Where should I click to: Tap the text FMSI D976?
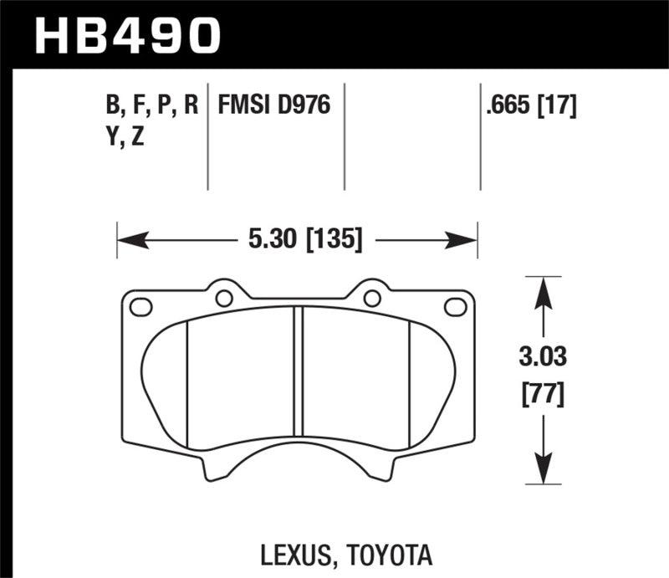tap(274, 105)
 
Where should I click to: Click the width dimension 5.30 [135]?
tap(304, 241)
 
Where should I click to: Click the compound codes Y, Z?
tap(125, 137)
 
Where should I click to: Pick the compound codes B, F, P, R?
tap(151, 105)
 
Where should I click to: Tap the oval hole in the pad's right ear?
tap(456, 307)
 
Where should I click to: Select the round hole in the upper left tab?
tap(223, 297)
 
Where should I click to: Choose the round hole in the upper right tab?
tap(370, 297)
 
